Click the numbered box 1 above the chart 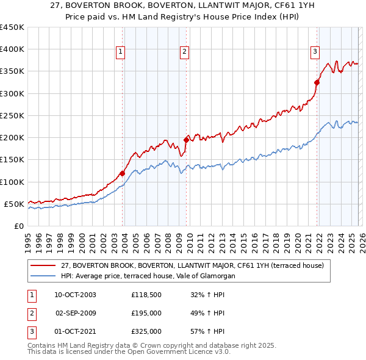pos(121,52)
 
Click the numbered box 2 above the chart pos(184,52)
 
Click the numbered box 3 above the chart pos(315,52)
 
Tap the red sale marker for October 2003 pos(122,173)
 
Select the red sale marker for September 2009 pos(186,140)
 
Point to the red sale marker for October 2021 pos(317,82)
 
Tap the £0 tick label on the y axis pos(18,226)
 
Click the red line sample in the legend pos(44,265)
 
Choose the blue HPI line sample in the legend pos(44,276)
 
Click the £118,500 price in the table pos(146,295)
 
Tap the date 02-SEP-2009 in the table pos(76,313)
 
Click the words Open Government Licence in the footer pos(180,352)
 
